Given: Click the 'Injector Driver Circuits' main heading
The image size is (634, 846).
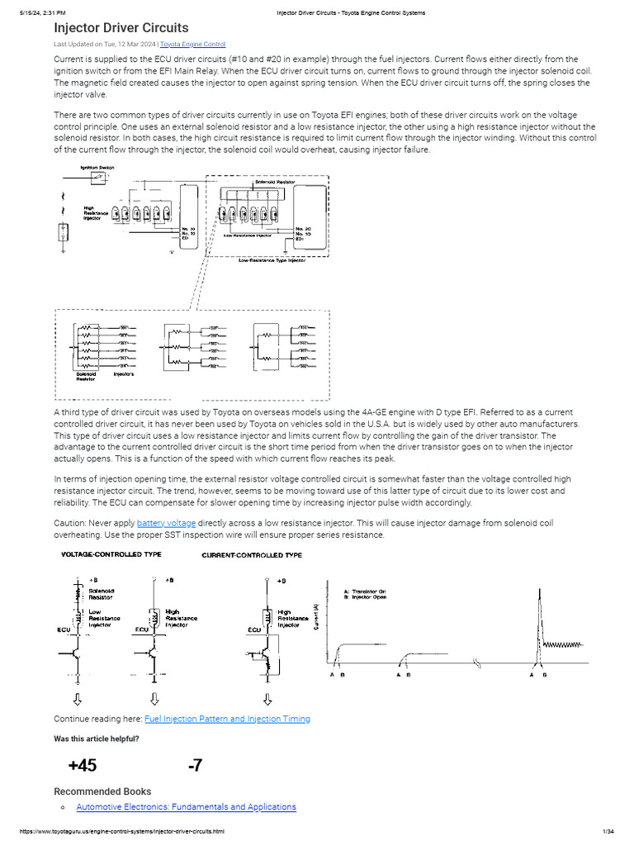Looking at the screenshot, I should (121, 28).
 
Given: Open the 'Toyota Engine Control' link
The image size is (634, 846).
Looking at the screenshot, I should (192, 44).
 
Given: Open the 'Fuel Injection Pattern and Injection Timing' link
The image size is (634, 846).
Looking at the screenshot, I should (227, 719).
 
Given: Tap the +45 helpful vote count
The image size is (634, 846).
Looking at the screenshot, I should (83, 766).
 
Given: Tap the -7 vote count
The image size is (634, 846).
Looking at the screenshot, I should (195, 766).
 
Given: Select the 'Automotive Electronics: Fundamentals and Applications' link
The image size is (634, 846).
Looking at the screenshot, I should (186, 807).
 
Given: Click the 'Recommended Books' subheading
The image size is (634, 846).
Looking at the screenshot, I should (102, 791).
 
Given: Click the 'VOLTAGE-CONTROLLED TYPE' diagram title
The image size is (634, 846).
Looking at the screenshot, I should (111, 554).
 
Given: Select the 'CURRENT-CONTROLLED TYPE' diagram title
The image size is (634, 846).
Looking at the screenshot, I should (252, 555).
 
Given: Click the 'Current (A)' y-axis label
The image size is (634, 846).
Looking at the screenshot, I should (317, 617).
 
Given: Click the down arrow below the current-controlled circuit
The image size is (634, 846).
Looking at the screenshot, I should (267, 699).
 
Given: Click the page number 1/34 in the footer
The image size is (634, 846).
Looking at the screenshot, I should (611, 831).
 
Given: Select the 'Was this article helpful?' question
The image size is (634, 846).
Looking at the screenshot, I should (97, 739).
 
